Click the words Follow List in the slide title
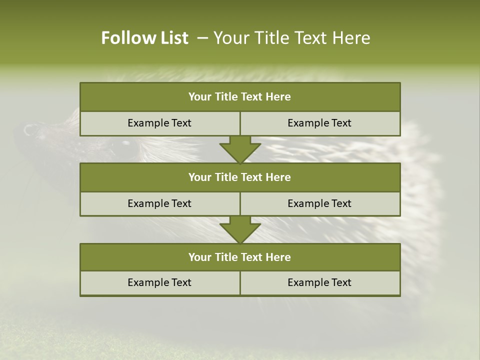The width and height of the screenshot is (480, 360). click(x=144, y=38)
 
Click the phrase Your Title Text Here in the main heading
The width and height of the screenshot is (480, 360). click(x=292, y=38)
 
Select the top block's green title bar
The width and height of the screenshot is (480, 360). click(x=240, y=97)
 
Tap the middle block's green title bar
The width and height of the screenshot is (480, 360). click(x=240, y=177)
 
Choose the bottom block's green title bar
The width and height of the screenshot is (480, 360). click(x=240, y=257)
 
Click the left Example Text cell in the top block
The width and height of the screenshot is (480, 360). click(x=159, y=123)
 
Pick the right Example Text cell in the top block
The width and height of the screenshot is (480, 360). click(x=319, y=123)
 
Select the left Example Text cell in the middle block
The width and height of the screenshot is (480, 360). click(x=159, y=203)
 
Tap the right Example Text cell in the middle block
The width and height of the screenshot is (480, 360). click(x=319, y=203)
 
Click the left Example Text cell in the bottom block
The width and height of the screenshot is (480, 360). click(x=159, y=282)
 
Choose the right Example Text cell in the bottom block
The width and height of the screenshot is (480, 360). click(x=319, y=282)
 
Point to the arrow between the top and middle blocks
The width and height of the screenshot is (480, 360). click(x=240, y=149)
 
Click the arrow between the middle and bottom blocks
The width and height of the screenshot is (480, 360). click(x=240, y=230)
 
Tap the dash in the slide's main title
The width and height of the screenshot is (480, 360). click(x=202, y=38)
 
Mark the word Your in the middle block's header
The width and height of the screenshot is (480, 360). click(x=199, y=177)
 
